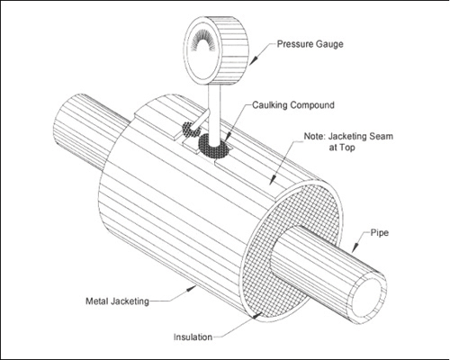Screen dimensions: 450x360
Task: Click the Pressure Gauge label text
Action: [310, 44]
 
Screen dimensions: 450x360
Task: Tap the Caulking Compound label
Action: [293, 105]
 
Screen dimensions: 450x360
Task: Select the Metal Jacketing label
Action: [117, 301]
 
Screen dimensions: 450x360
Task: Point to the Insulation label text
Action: [193, 337]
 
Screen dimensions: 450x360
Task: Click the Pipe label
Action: [380, 232]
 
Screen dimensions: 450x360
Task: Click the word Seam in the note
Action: [381, 137]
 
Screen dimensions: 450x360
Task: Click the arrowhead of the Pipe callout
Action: [355, 247]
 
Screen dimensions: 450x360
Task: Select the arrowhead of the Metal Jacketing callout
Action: [192, 288]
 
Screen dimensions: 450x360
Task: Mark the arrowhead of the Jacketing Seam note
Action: [273, 180]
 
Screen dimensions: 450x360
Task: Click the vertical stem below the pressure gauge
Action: [214, 114]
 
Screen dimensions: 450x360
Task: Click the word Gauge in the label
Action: [329, 44]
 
